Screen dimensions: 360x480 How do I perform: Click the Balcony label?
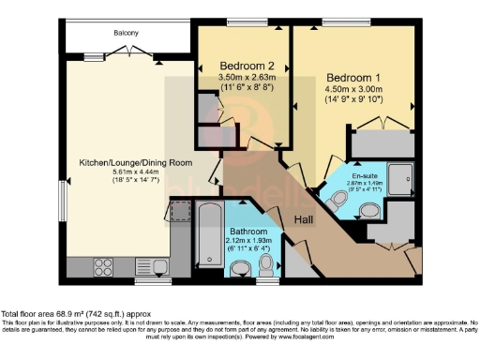[x=127, y=33]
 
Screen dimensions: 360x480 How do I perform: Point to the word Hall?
[x=305, y=218]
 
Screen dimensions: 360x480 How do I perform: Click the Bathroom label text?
[x=249, y=232]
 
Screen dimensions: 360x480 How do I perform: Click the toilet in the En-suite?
[x=340, y=198]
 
